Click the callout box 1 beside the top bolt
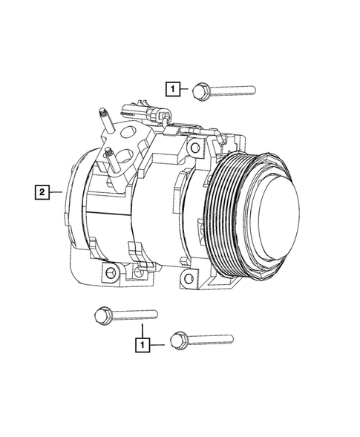pyautogui.click(x=172, y=91)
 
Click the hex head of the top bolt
pyautogui.click(x=199, y=91)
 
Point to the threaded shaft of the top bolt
pyautogui.click(x=234, y=91)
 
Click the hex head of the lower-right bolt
pyautogui.click(x=177, y=340)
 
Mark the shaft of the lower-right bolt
pyautogui.click(x=212, y=341)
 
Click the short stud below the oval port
pyautogui.click(x=111, y=158)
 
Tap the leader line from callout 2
pyautogui.click(x=59, y=194)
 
